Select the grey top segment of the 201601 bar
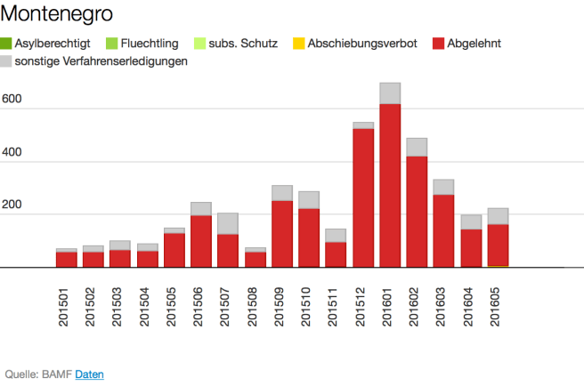point(390,93)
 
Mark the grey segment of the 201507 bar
point(228,223)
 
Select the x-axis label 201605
point(499,306)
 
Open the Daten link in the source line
point(89,374)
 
